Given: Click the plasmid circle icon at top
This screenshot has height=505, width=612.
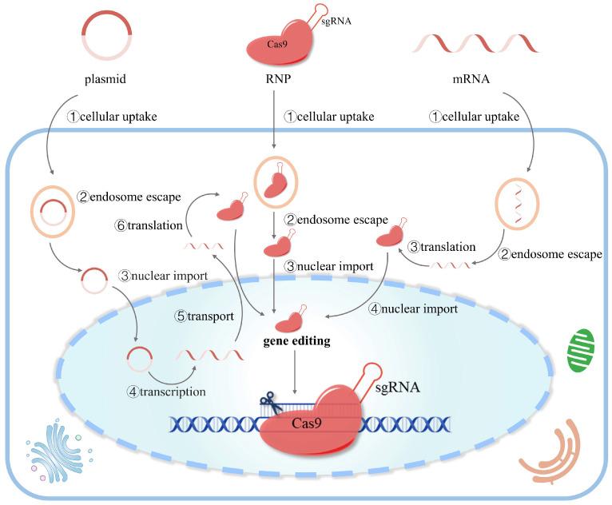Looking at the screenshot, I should [x=108, y=37].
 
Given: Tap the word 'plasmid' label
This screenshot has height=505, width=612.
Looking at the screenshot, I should [x=107, y=81].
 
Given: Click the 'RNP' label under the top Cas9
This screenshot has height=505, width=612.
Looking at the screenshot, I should [x=274, y=81].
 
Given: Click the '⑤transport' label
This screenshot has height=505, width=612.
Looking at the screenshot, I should [x=203, y=316].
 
